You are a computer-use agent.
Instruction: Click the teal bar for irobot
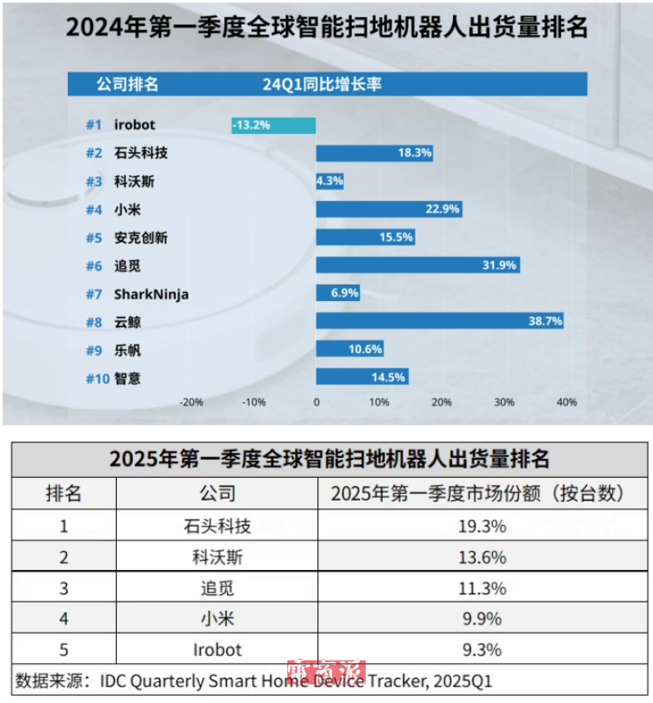[273, 125]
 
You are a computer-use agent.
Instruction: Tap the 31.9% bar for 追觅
[417, 265]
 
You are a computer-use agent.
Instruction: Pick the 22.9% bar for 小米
[389, 209]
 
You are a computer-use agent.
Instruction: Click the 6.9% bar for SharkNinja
[337, 293]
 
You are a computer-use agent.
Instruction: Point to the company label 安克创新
[141, 238]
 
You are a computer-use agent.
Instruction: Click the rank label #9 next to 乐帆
[95, 350]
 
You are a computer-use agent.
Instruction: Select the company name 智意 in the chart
[127, 379]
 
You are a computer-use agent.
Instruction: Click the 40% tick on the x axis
[566, 402]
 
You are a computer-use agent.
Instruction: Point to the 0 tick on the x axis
[317, 402]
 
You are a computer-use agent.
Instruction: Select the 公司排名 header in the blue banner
[127, 84]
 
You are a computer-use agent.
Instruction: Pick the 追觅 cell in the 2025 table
[217, 588]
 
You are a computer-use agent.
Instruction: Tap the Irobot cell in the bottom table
[217, 649]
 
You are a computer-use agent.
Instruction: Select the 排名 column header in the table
[63, 494]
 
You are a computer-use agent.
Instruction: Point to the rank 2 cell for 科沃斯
[63, 557]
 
